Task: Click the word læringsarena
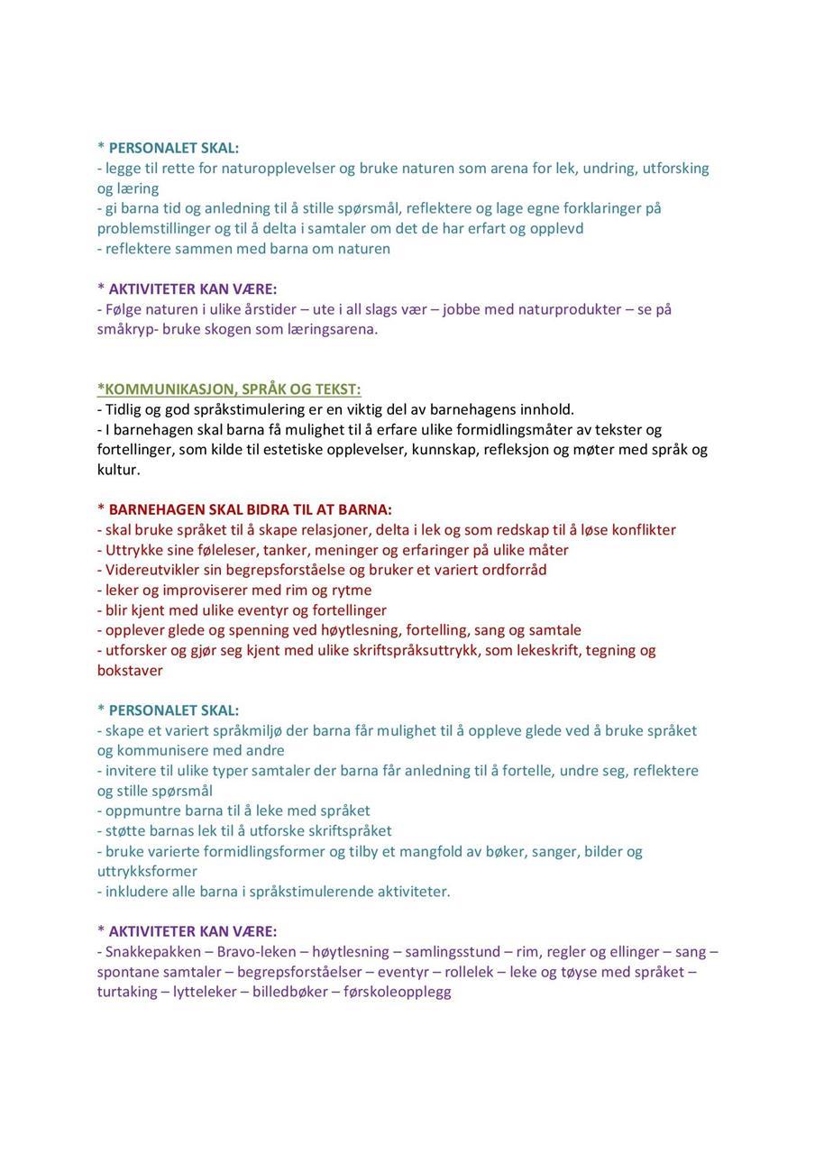click(328, 329)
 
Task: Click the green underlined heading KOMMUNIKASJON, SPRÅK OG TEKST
click(230, 389)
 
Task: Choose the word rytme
click(352, 591)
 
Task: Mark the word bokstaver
click(130, 671)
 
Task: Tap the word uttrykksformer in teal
click(147, 872)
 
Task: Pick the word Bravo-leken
click(257, 952)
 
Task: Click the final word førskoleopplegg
click(398, 992)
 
